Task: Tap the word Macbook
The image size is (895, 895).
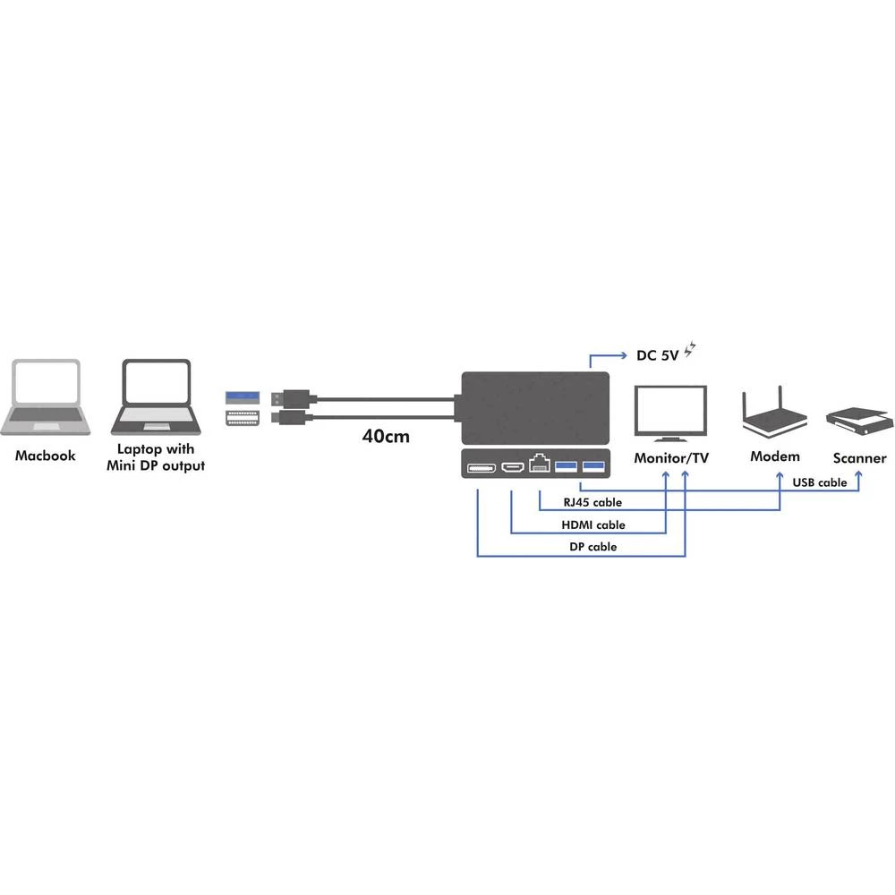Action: [x=46, y=456]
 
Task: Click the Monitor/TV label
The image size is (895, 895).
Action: [x=671, y=458]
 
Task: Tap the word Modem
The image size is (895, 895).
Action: [x=775, y=456]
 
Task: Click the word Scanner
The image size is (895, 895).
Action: [x=859, y=458]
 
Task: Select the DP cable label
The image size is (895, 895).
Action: [x=592, y=547]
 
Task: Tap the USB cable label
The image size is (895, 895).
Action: [x=819, y=482]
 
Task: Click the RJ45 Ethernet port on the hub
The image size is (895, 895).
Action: [x=540, y=465]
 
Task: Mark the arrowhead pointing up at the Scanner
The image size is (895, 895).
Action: [x=860, y=474]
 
